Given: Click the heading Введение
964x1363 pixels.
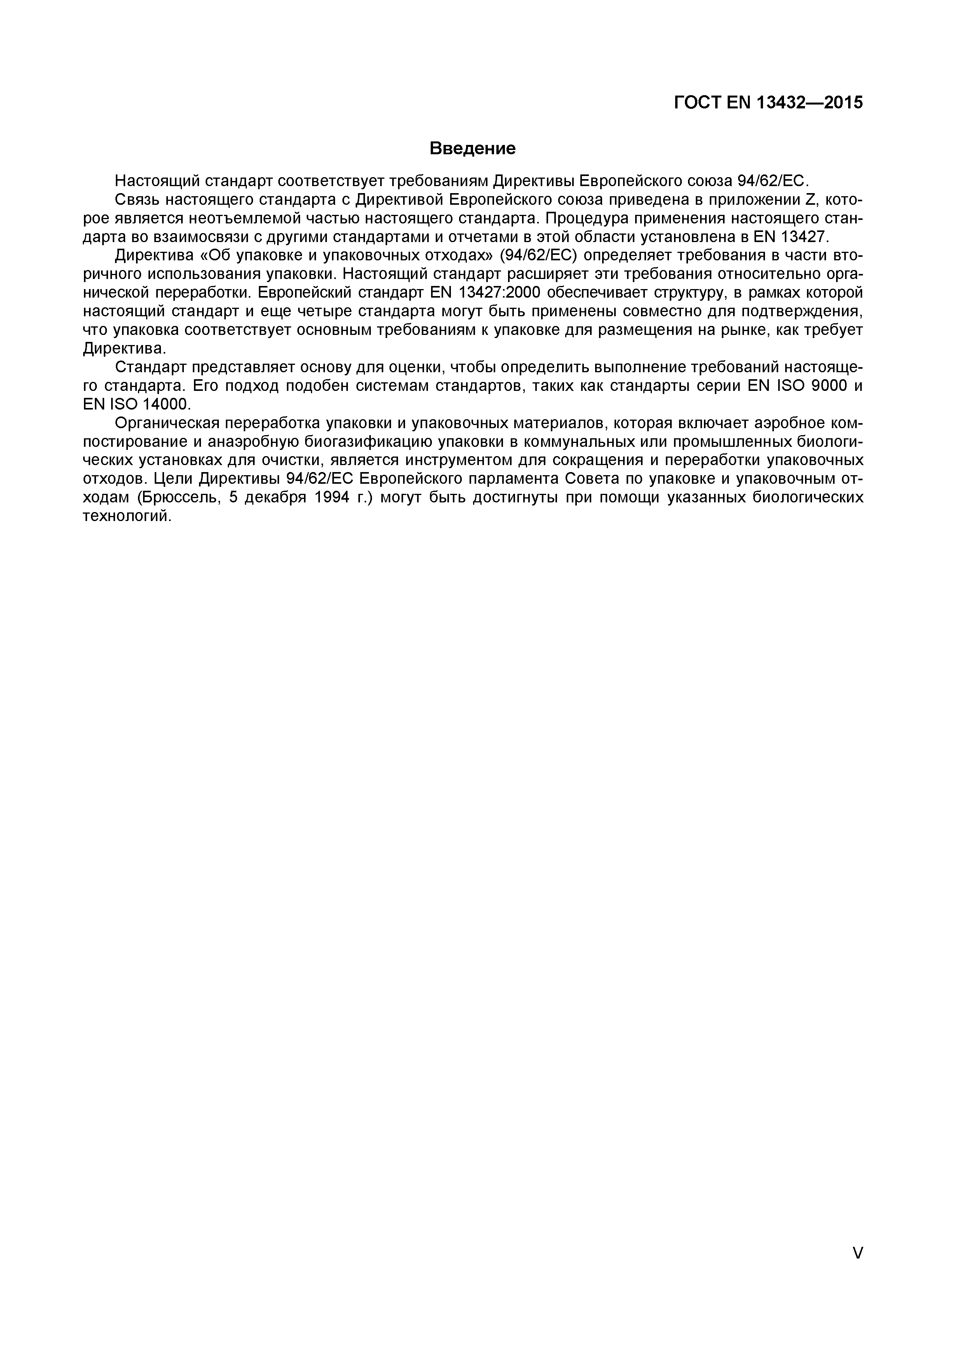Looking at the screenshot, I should coord(472,148).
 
